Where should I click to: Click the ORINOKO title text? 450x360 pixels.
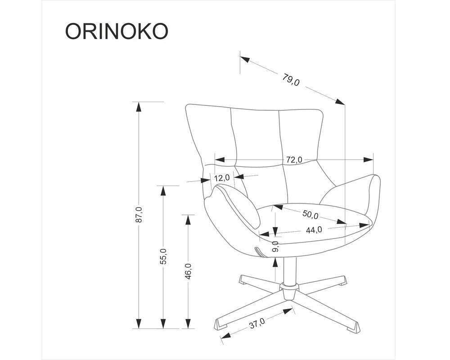pos(117,31)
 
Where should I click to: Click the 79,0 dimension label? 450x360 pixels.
pos(291,80)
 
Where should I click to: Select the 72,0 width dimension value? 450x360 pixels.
pos(294,160)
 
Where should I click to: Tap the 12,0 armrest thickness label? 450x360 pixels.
pos(222,178)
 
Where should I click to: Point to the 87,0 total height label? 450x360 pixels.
pos(139,214)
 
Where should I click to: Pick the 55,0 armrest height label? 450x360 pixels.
pos(163,256)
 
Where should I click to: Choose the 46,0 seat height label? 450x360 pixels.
pos(188,271)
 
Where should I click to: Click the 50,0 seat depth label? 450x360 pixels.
pos(310,214)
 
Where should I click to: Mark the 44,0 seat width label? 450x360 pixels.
pos(314,229)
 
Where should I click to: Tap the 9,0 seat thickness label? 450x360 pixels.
pos(275,247)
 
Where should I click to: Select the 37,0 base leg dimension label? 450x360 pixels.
pos(257,323)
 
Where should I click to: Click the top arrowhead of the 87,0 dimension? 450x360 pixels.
pos(139,107)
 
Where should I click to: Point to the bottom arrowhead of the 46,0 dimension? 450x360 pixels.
pos(188,324)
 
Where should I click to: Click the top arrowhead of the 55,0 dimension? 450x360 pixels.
pos(163,191)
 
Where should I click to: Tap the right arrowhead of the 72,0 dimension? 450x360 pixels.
pos(368,160)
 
